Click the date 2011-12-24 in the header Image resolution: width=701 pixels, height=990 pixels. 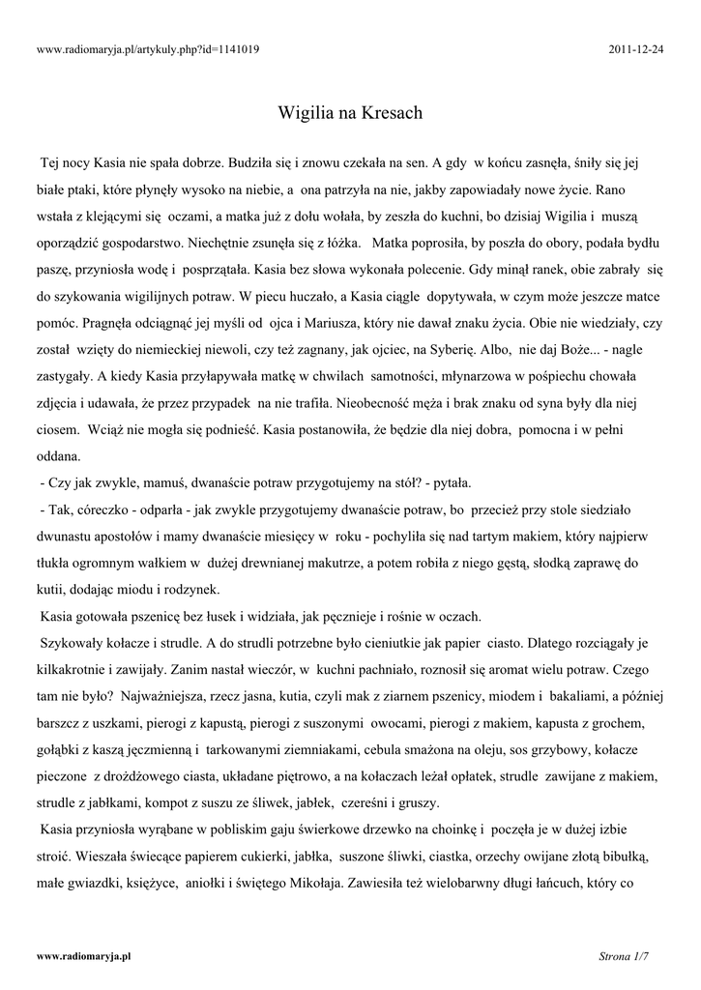click(638, 48)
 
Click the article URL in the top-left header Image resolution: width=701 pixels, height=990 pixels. click(147, 48)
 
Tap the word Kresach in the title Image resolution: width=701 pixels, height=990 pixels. click(392, 113)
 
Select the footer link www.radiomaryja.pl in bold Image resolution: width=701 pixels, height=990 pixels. click(83, 955)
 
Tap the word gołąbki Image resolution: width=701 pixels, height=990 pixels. click(62, 749)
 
